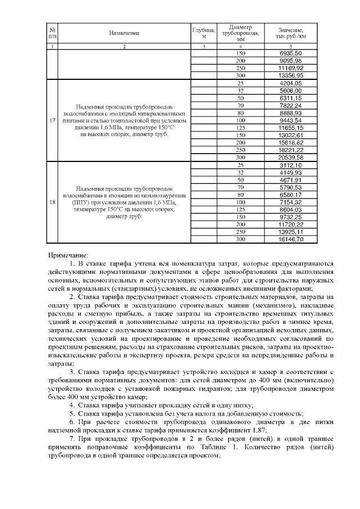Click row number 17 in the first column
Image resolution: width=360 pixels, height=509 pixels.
pyautogui.click(x=52, y=120)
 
